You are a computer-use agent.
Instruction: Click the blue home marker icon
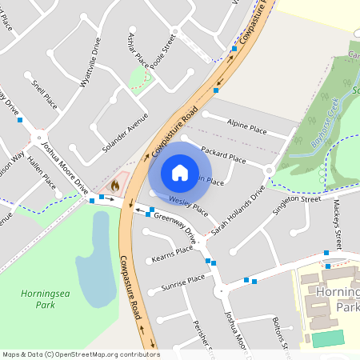[x=180, y=172]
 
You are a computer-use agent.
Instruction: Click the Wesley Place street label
[x=189, y=205]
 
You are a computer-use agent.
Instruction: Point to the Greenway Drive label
[x=175, y=227]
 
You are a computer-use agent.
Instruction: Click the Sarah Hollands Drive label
[x=238, y=211]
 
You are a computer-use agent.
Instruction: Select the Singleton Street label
[x=297, y=203]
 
